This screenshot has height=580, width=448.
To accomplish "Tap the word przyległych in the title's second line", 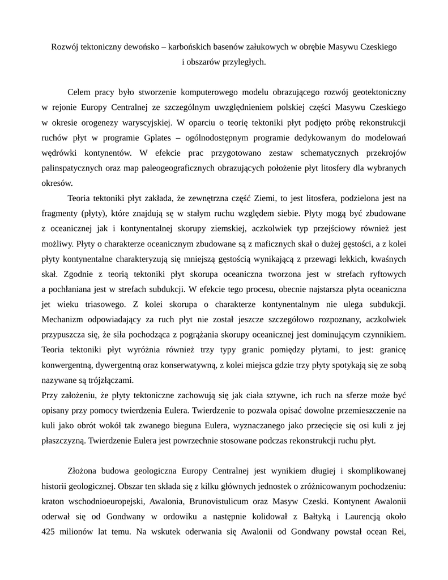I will point(244,62).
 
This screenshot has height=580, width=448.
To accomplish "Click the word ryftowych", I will point(385,275).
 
